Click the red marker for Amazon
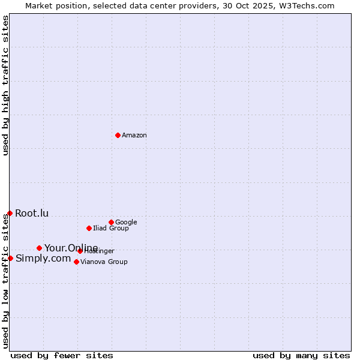[118, 135]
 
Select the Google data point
[111, 222]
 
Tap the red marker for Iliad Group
[89, 228]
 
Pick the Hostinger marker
[80, 251]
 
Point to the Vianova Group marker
[76, 262]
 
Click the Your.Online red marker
[39, 248]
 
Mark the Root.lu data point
[10, 213]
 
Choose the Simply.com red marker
[10, 258]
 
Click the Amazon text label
[134, 136]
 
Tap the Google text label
[126, 222]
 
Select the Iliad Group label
[111, 229]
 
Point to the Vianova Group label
[104, 262]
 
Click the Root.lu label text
[32, 213]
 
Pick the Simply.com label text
[43, 259]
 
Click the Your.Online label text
[71, 248]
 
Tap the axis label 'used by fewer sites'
[62, 355]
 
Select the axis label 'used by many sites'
[301, 355]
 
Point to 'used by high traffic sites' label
[5, 86]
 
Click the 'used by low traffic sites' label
[5, 280]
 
